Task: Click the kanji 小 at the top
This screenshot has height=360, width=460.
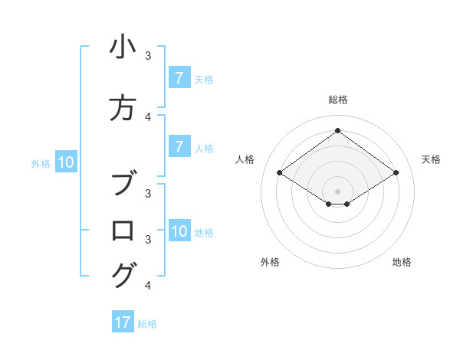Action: [x=123, y=47]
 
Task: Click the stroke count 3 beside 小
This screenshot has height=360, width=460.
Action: [x=148, y=55]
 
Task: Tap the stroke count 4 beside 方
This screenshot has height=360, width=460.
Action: [x=148, y=116]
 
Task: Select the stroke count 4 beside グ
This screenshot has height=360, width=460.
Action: [x=148, y=286]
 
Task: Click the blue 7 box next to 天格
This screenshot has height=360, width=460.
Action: [x=179, y=78]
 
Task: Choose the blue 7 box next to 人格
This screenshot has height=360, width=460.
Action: [x=179, y=147]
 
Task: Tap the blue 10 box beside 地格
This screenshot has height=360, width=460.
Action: [x=179, y=231]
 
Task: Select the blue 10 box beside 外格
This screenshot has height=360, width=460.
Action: [x=66, y=162]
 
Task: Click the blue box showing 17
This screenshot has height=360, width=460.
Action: [x=123, y=322]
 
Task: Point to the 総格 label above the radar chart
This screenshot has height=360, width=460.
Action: [x=338, y=100]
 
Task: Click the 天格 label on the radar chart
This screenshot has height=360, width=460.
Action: [x=431, y=159]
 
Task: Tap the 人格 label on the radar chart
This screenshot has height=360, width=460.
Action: [x=245, y=159]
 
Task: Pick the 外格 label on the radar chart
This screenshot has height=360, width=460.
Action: [x=270, y=262]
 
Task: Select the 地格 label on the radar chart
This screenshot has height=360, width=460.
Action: [x=402, y=262]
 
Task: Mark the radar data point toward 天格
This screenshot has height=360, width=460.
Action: [x=396, y=173]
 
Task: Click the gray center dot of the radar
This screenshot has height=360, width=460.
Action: [x=338, y=191]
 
